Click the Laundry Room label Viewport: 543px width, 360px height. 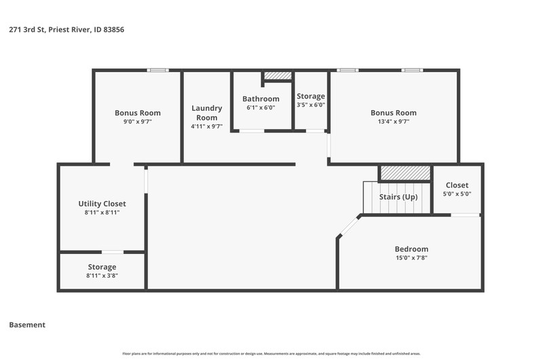(207, 113)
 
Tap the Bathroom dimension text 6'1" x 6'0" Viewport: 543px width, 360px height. (261, 107)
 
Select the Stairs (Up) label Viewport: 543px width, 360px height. (398, 197)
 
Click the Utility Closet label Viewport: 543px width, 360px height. (102, 204)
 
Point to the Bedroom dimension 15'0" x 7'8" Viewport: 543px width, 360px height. (411, 258)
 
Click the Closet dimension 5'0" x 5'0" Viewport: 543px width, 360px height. (457, 194)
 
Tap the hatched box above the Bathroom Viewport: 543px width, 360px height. (278, 75)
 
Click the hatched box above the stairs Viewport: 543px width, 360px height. (405, 173)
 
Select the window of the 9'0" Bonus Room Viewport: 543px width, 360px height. (158, 71)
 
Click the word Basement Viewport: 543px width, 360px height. (27, 325)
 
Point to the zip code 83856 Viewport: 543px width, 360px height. (113, 29)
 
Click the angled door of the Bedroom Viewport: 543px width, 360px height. (349, 227)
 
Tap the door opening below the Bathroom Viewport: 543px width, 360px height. (252, 131)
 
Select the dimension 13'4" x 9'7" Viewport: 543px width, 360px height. (394, 122)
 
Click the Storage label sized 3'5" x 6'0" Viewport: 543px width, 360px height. (311, 96)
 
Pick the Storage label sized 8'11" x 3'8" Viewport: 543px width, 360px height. (102, 267)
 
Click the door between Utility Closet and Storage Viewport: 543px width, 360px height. (113, 252)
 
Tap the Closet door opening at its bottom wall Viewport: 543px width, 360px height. (465, 215)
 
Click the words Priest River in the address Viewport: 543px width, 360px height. (69, 29)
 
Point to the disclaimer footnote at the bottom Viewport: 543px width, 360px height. (271, 354)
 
